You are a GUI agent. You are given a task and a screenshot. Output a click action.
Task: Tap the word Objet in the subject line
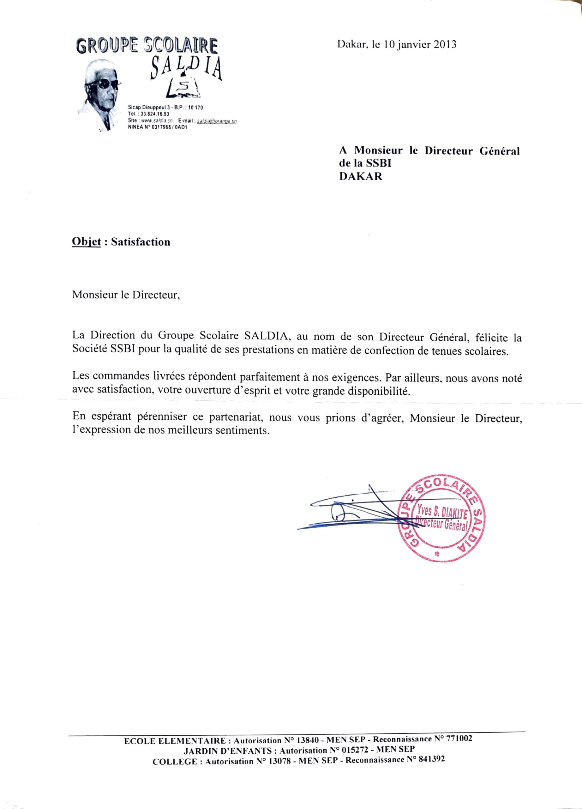click(x=86, y=242)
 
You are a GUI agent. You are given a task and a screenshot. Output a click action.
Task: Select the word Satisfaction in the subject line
click(x=141, y=242)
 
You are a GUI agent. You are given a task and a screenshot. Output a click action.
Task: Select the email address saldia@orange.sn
click(x=217, y=121)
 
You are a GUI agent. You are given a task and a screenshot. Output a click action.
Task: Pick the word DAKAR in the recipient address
click(x=361, y=177)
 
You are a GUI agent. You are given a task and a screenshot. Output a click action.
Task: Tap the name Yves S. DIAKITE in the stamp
click(x=442, y=513)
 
